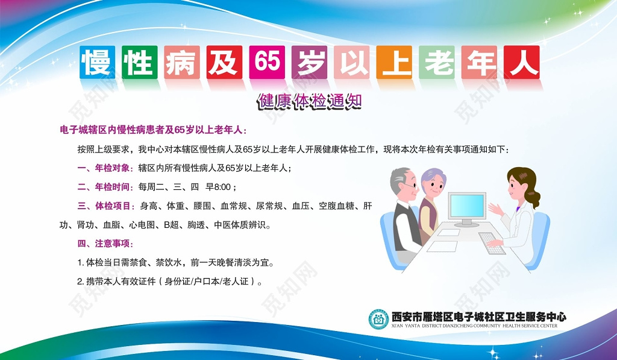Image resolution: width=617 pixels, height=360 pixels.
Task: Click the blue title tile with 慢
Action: (x=98, y=62)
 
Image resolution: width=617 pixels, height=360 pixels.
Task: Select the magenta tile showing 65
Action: (x=267, y=62)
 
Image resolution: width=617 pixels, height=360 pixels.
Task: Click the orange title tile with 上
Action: (x=395, y=62)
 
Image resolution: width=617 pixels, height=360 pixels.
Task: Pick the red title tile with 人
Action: (x=522, y=62)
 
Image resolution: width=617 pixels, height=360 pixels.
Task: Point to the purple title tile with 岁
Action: (x=309, y=62)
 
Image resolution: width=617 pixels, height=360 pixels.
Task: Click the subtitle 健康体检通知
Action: (x=308, y=101)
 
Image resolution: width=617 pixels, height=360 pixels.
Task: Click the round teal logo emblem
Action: (x=378, y=319)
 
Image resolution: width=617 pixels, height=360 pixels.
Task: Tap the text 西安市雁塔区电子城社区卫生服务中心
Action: (x=478, y=317)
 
